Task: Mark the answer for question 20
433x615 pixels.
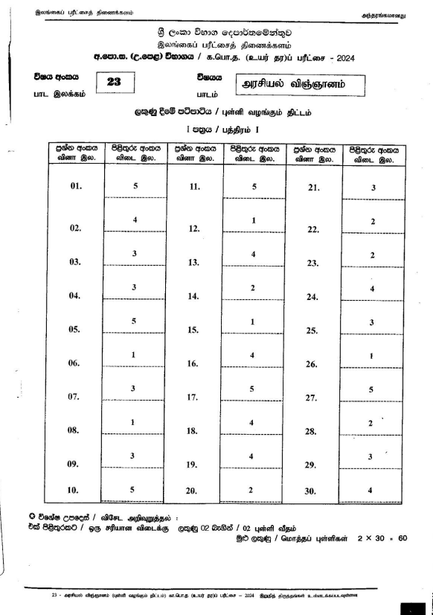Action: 254,489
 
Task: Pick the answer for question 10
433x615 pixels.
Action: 135,489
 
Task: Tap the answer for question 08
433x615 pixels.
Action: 135,423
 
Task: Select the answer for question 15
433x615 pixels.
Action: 254,322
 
